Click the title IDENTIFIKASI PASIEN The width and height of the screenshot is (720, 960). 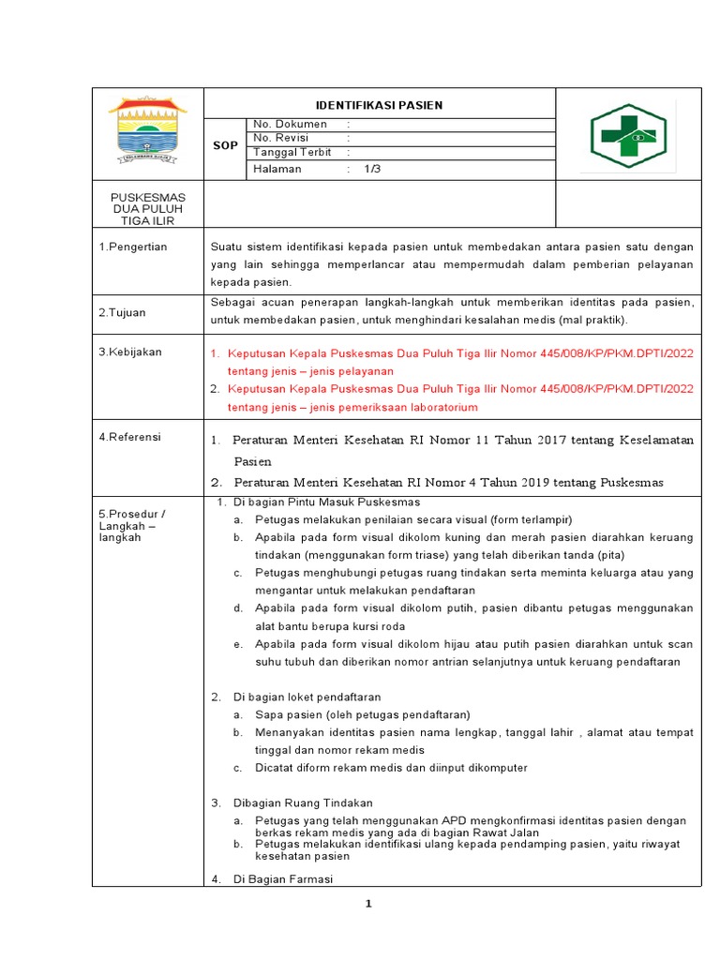click(x=379, y=105)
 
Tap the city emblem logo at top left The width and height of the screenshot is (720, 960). click(x=147, y=132)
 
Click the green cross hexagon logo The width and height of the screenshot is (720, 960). click(x=627, y=135)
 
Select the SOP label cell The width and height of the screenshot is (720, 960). click(x=225, y=146)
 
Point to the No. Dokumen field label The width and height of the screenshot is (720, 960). click(x=290, y=124)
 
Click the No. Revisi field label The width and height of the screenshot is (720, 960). click(x=282, y=138)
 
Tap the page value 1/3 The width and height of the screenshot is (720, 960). click(x=373, y=169)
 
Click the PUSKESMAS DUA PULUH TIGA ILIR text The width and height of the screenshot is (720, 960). click(x=148, y=208)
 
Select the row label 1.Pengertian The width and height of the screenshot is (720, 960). click(x=133, y=247)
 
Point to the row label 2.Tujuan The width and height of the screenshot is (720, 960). click(x=123, y=312)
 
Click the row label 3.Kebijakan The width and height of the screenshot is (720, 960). click(x=130, y=352)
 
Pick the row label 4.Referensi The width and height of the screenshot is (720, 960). click(x=130, y=437)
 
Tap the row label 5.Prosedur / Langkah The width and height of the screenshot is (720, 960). click(x=132, y=526)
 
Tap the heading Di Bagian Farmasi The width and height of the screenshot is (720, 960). click(x=282, y=878)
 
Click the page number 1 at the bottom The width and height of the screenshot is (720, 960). click(x=368, y=904)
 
